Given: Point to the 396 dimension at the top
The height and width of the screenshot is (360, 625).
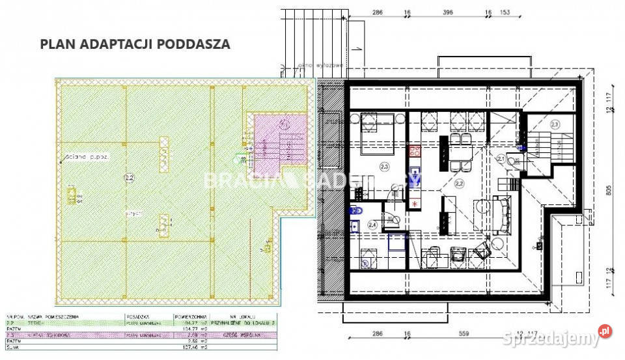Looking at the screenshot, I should coord(446,12).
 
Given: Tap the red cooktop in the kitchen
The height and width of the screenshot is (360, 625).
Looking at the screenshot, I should coord(415,154).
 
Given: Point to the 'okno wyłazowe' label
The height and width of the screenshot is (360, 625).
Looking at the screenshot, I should coord(313,66).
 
